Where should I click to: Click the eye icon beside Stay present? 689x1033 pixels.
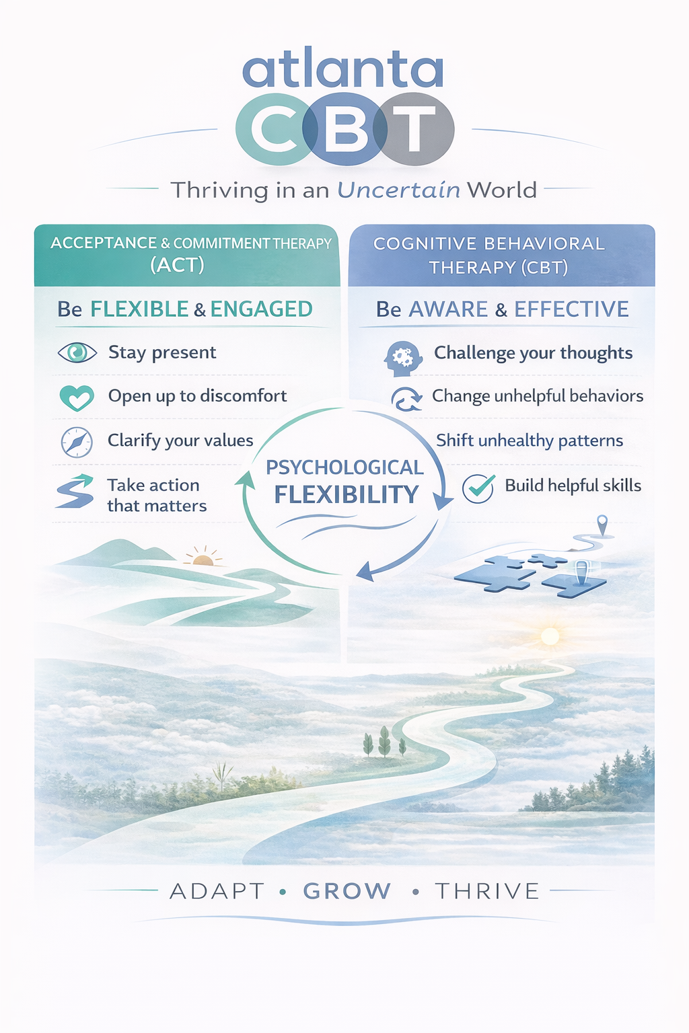[77, 353]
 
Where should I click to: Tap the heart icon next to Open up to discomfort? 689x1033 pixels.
[77, 397]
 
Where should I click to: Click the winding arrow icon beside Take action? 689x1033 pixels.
[75, 491]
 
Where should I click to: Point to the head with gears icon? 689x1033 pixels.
[403, 358]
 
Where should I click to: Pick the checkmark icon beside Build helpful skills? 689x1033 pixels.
[479, 488]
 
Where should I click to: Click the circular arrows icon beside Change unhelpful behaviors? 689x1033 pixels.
[406, 398]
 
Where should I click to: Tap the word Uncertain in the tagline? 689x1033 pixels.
[398, 190]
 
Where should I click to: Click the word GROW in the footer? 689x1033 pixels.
[347, 890]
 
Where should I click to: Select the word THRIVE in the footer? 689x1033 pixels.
[487, 890]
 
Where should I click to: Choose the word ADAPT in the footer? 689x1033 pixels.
[217, 890]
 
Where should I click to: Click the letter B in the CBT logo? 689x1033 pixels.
[345, 128]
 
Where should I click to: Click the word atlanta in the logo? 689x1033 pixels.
[343, 69]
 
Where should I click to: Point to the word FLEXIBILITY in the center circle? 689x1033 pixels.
[347, 494]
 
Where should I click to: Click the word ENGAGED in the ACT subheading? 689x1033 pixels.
[262, 309]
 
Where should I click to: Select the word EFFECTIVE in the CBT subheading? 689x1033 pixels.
[571, 309]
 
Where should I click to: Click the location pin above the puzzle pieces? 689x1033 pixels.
[602, 525]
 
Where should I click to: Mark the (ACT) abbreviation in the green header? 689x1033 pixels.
[177, 265]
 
